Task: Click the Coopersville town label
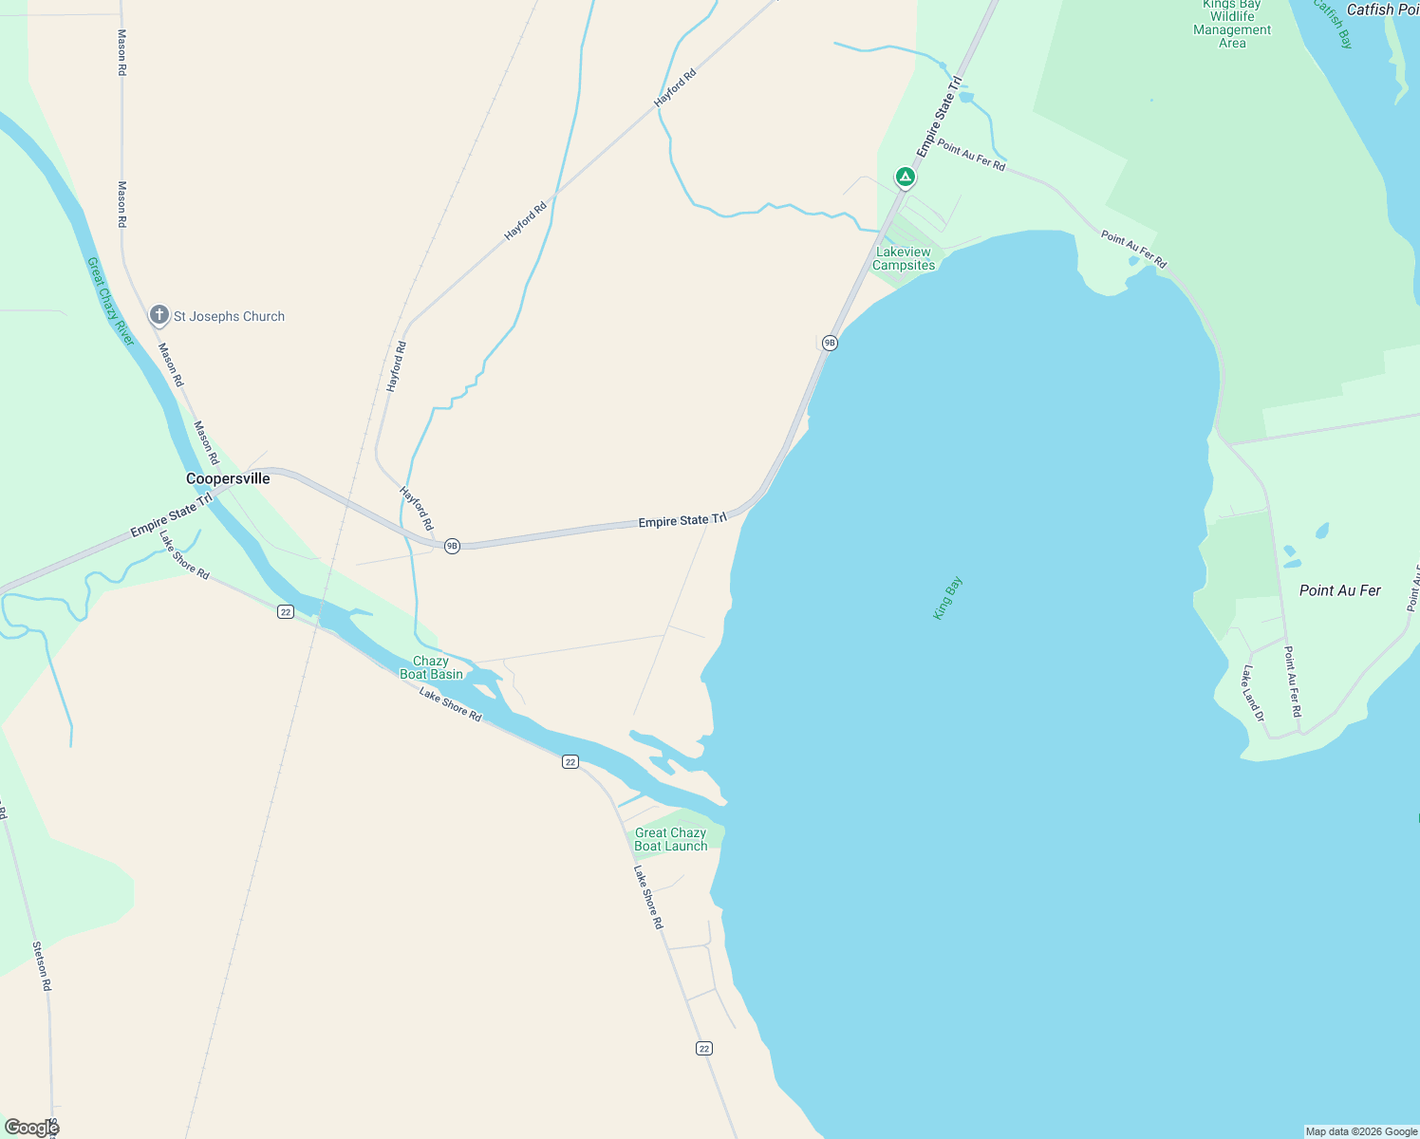[x=228, y=478]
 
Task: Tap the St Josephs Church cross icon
[x=159, y=315]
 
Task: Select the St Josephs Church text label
[x=229, y=316]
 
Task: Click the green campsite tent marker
[x=906, y=177]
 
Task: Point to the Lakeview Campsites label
[x=904, y=258]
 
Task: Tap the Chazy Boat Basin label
[x=431, y=667]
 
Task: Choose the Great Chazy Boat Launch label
[x=671, y=839]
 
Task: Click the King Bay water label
[x=947, y=598]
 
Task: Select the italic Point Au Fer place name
[x=1339, y=590]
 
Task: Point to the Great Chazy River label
[x=110, y=301]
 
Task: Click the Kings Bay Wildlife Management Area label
[x=1232, y=24]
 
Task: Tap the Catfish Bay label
[x=1333, y=25]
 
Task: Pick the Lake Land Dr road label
[x=1253, y=693]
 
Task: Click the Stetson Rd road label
[x=42, y=966]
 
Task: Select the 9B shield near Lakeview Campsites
[x=830, y=343]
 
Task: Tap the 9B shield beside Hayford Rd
[x=452, y=546]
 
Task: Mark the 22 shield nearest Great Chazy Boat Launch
[x=570, y=761]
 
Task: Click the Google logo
[x=31, y=1127]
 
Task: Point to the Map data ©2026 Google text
[x=1361, y=1131]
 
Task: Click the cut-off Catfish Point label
[x=1383, y=9]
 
